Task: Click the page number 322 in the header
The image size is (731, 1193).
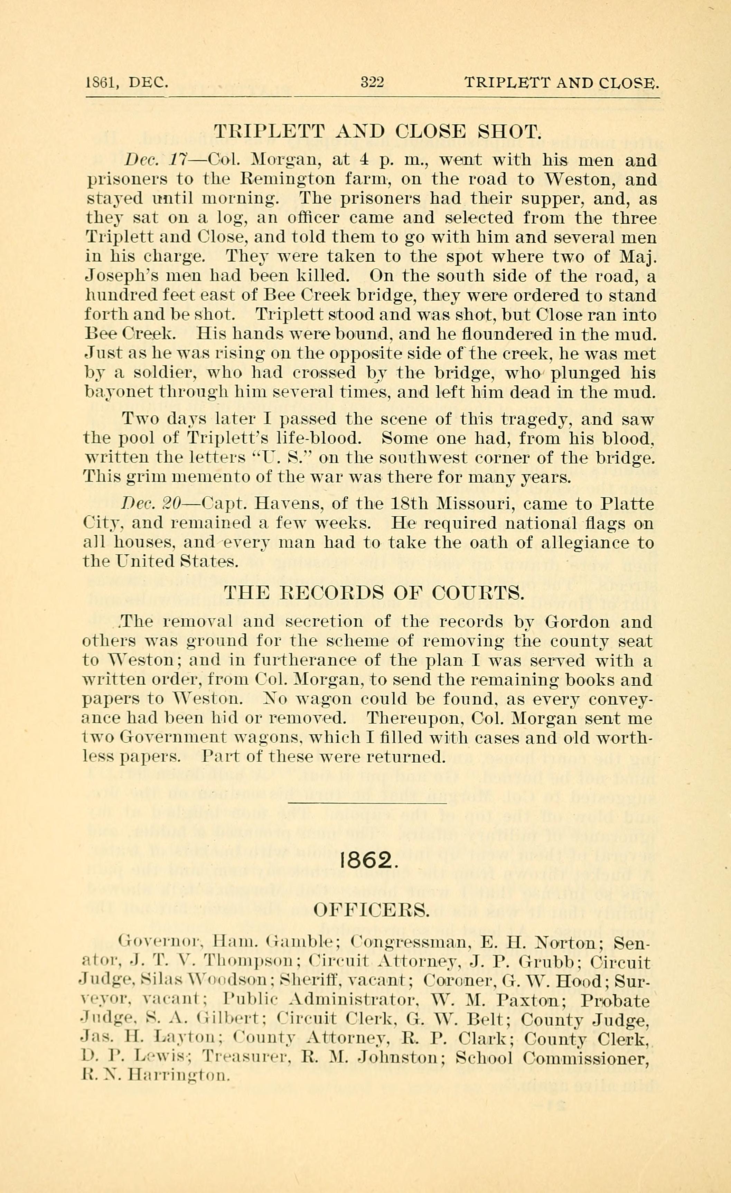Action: tap(372, 83)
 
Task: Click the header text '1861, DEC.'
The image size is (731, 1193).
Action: tap(127, 83)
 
